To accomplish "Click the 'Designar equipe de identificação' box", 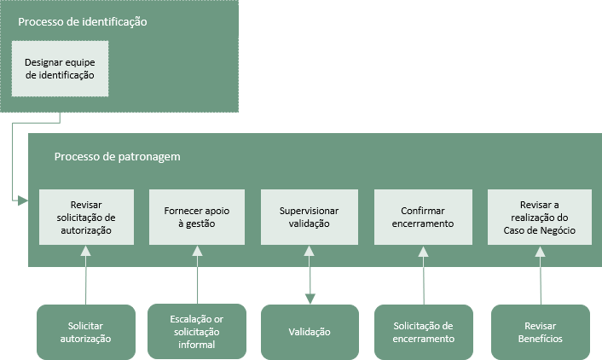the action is (x=60, y=69).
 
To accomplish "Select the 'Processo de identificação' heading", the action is (x=83, y=22).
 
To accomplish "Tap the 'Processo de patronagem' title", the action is (x=117, y=157).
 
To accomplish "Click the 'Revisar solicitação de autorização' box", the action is (x=86, y=217).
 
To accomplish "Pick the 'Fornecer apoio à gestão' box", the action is (x=197, y=217).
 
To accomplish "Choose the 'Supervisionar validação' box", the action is (x=310, y=217).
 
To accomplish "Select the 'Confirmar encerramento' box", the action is (x=423, y=217).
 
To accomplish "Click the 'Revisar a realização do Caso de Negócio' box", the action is (x=540, y=217).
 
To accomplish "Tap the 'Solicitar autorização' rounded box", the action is (x=86, y=332).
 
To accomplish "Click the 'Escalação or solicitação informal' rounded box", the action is (x=197, y=332).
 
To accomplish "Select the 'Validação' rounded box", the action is (x=310, y=332).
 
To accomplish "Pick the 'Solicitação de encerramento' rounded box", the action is (x=424, y=332).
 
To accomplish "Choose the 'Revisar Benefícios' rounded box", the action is (x=541, y=332).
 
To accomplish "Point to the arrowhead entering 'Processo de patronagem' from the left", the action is (x=23, y=200).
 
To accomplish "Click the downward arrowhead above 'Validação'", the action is (x=310, y=299).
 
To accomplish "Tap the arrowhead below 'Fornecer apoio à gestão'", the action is (x=197, y=252).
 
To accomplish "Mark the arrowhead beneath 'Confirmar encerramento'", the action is (x=423, y=252).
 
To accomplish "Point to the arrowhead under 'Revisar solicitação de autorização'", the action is (x=86, y=252).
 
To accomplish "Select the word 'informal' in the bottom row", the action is (x=197, y=345).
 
